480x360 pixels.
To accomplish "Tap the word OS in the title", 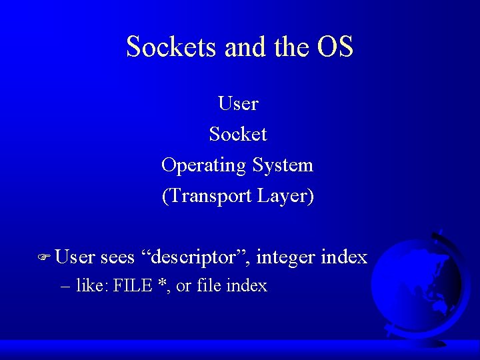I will click(335, 47).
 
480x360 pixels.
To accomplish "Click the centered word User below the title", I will click(238, 103).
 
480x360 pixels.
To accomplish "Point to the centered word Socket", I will click(238, 134).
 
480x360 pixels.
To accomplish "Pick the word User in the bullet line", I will click(75, 257).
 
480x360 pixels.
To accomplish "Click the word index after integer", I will click(344, 257).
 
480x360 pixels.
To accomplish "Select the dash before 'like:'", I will click(65, 287).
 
